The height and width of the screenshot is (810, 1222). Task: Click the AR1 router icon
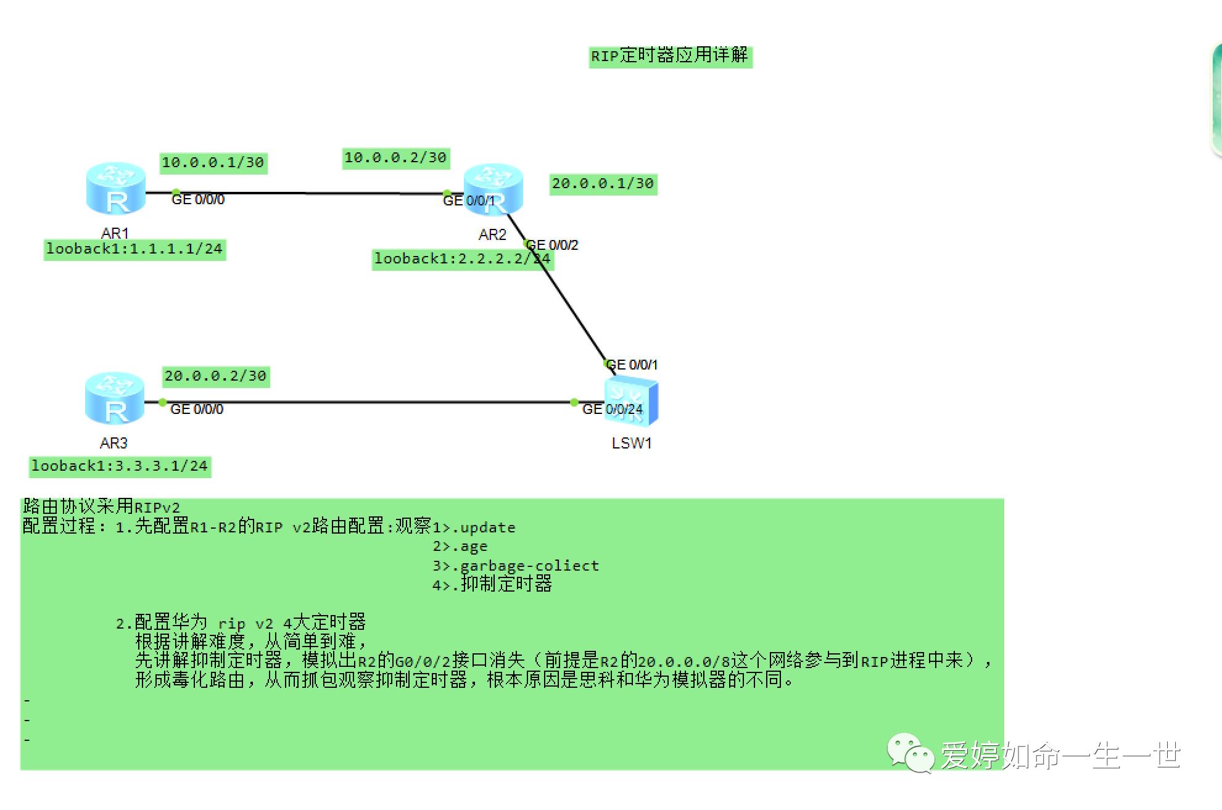(x=116, y=188)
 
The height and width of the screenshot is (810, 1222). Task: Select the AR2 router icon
(x=493, y=189)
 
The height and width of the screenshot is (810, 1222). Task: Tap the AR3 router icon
(x=115, y=399)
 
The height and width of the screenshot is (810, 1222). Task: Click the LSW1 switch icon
(x=631, y=402)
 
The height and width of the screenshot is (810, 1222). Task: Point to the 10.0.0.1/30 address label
(x=213, y=163)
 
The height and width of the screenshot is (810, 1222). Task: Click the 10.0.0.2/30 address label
(x=395, y=158)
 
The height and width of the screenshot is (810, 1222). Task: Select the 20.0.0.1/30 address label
(x=603, y=184)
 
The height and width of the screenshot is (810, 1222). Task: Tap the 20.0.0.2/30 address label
(x=215, y=376)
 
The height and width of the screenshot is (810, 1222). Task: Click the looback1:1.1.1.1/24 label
(x=134, y=249)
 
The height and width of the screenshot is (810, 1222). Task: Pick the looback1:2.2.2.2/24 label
(x=462, y=259)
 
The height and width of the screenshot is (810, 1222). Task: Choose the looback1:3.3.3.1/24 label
(x=120, y=466)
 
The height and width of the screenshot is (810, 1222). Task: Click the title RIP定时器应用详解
(x=670, y=56)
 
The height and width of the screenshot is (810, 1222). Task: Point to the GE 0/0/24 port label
(x=612, y=410)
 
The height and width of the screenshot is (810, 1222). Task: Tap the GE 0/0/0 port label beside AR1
(x=198, y=200)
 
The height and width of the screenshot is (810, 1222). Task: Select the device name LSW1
(x=631, y=444)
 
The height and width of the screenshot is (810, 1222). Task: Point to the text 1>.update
(x=474, y=528)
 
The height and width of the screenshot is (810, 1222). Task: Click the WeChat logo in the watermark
(x=910, y=753)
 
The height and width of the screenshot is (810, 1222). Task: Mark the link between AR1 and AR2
(x=302, y=193)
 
